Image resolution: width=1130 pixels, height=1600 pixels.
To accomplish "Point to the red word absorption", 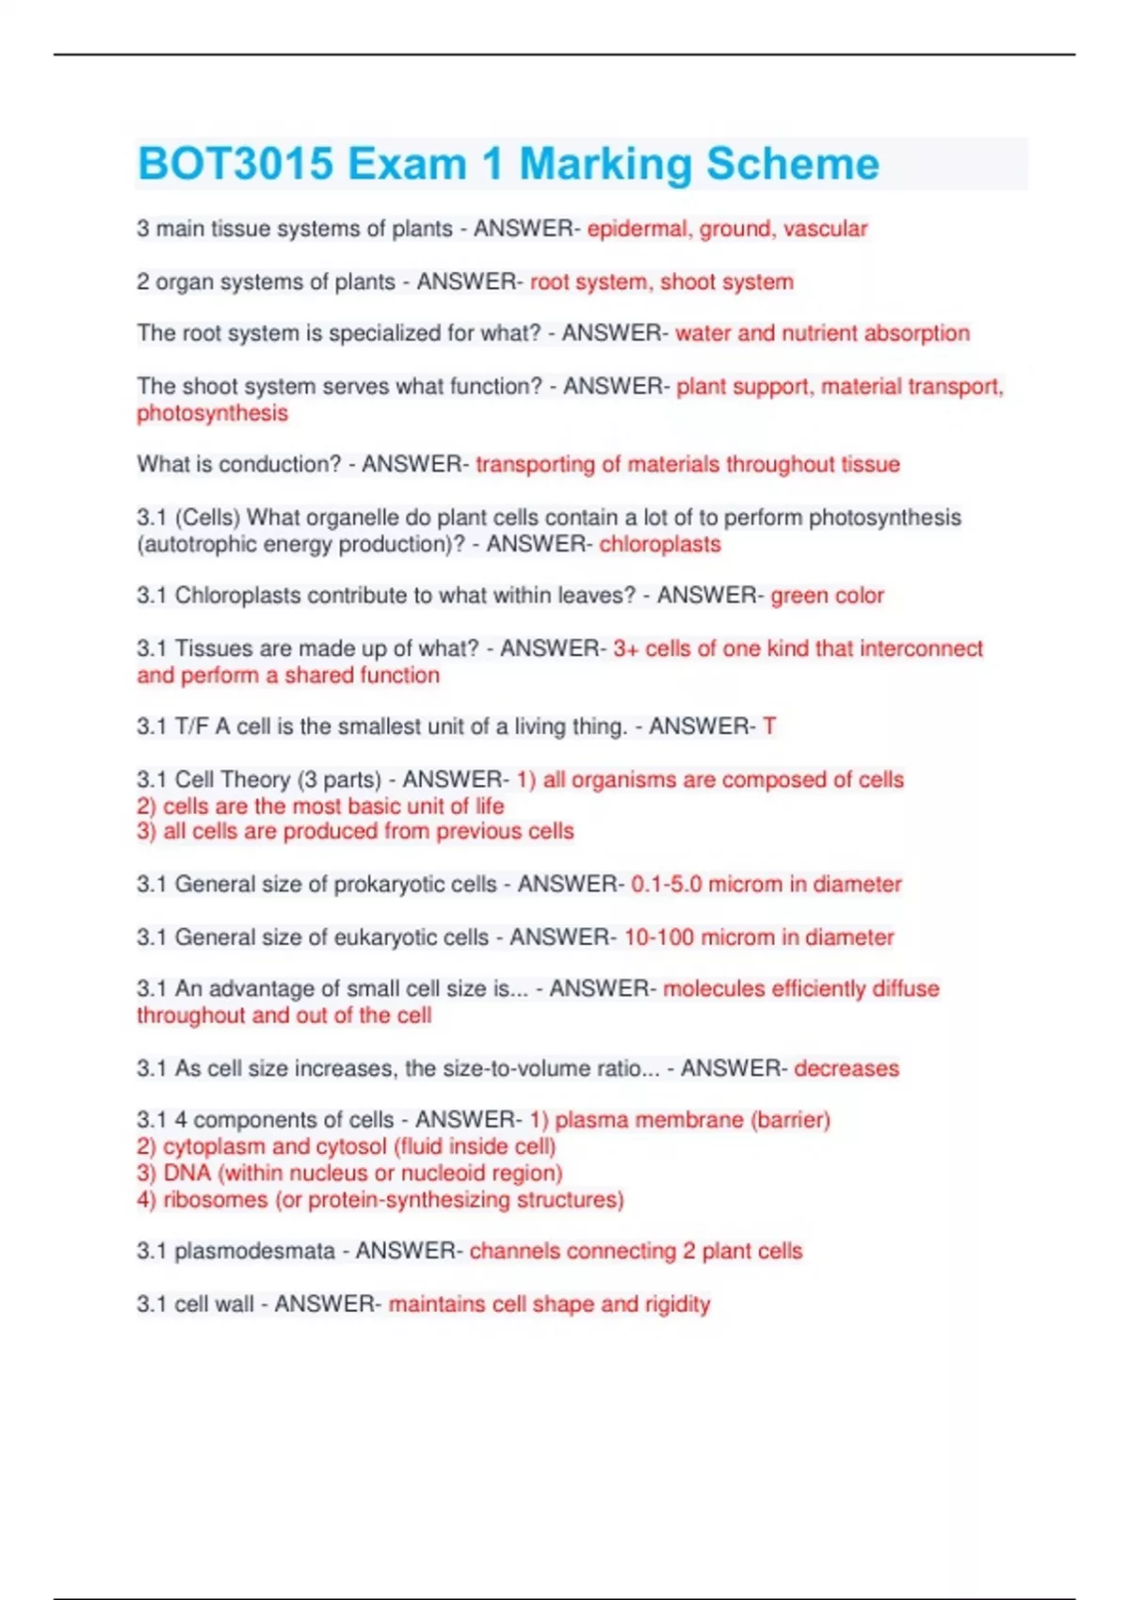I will pos(916,333).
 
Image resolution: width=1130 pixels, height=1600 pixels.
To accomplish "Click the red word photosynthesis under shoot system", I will pos(212,413).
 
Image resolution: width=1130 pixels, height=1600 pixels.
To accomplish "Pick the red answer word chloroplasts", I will pos(660,544).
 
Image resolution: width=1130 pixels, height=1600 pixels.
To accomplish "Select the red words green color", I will pos(827,596).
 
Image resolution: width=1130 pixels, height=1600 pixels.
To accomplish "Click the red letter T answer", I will pos(769,727).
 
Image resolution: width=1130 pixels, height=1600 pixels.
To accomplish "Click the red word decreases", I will pos(847,1068).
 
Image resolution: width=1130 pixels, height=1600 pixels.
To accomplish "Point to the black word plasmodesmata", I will pos(254,1251).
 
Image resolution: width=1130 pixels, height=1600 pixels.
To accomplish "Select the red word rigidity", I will pos(677,1304).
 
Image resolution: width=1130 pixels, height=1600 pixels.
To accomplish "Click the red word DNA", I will pos(186,1173).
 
